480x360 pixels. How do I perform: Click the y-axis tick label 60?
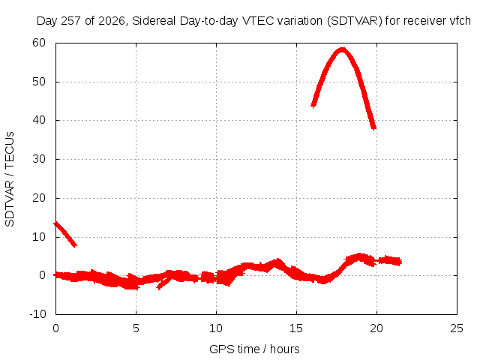pos(39,43)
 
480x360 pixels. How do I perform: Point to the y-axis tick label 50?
pos(39,82)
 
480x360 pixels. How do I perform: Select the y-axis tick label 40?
pos(39,120)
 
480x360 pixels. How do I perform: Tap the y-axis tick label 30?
pos(39,159)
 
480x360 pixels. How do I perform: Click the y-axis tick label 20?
pos(39,198)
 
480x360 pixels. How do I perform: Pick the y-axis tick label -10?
pos(37,314)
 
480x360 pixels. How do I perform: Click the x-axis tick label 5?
pos(136,328)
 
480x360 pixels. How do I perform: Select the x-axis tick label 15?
pos(296,328)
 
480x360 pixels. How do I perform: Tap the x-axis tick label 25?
pos(457,328)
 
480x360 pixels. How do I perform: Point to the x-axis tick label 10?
pos(216,328)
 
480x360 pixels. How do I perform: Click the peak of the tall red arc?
pos(342,50)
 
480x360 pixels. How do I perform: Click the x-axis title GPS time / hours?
pos(254,349)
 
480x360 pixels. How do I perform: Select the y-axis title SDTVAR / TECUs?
pos(10,179)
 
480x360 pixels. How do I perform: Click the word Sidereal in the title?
pos(154,21)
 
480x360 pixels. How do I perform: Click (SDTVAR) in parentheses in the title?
pos(355,21)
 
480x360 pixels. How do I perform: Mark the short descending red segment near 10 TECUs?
pos(65,235)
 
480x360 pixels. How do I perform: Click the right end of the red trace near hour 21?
pos(400,262)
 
